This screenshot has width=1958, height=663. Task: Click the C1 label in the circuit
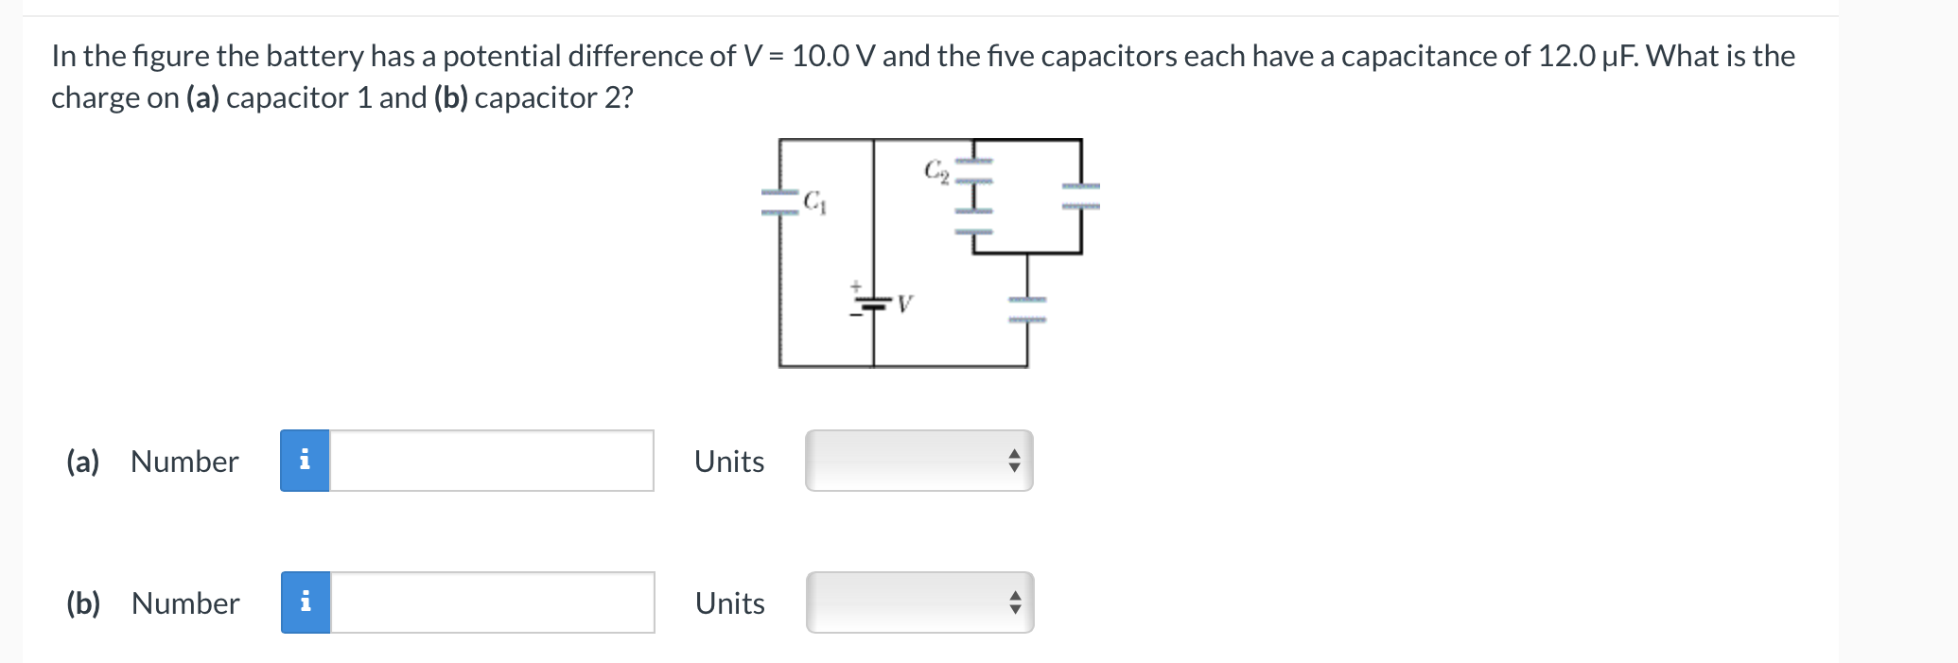pos(814,202)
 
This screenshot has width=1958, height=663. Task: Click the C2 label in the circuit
pos(935,170)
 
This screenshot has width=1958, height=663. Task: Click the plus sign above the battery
pos(855,285)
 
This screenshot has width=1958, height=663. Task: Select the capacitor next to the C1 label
pos(780,202)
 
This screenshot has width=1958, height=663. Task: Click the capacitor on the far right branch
pos(1080,196)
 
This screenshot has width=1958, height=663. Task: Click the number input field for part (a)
pos(491,461)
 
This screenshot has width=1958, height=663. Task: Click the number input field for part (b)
pos(492,602)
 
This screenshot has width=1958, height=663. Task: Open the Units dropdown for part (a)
pos(918,461)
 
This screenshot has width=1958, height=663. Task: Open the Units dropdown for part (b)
pos(919,602)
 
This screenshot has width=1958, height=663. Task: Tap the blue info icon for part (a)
pos(305,461)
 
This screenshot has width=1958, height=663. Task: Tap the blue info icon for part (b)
pos(306,602)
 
